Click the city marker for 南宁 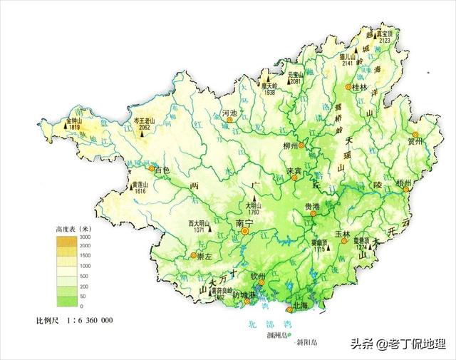[x=245, y=231]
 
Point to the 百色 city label [x=162, y=170]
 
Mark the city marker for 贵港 [x=313, y=212]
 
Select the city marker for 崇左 [x=193, y=255]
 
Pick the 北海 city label [x=302, y=307]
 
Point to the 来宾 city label [x=295, y=171]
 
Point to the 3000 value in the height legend [x=85, y=237]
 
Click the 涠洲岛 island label [x=275, y=334]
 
